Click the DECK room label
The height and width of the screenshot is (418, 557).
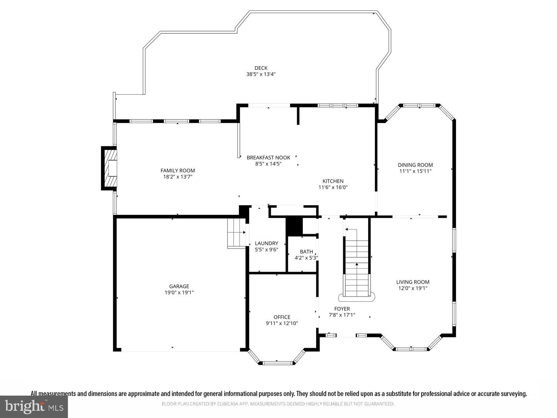tap(261, 68)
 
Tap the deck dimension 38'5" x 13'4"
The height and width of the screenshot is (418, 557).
tap(261, 74)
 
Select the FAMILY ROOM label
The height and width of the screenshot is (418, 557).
tap(178, 171)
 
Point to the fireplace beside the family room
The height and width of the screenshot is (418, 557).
tap(109, 168)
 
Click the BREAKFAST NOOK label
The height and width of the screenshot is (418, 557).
tap(268, 158)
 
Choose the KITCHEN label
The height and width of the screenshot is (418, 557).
tap(333, 181)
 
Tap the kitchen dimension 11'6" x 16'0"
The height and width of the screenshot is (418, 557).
tap(333, 188)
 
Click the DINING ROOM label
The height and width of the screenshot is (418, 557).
tap(415, 165)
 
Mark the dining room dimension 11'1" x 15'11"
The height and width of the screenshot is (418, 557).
tap(415, 171)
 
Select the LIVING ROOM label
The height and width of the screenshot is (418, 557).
tap(413, 282)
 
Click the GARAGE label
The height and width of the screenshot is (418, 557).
tap(179, 286)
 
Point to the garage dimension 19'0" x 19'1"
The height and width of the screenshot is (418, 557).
tap(179, 293)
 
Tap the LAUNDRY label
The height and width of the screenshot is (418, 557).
tap(267, 243)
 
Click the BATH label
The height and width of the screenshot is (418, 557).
tap(306, 252)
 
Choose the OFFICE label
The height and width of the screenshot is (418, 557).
tap(282, 317)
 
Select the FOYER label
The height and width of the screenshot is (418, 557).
tap(342, 309)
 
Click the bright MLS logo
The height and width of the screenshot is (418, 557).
tap(34, 406)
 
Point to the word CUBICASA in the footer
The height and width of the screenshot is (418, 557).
tap(227, 404)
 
